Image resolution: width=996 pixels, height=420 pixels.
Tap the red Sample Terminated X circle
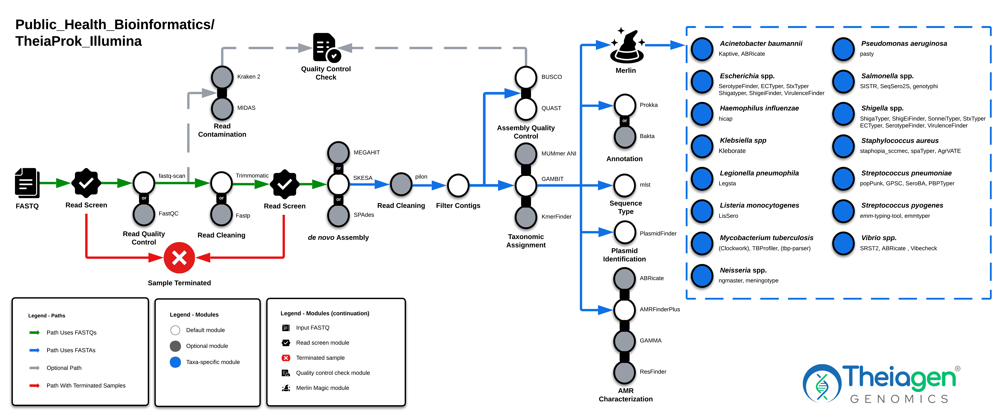click(x=179, y=257)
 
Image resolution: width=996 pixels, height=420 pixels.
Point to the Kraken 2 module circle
click(x=222, y=77)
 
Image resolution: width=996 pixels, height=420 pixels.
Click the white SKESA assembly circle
click(x=338, y=184)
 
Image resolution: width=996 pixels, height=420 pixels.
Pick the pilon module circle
click(x=401, y=184)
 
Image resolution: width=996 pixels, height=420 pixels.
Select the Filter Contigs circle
click(x=458, y=185)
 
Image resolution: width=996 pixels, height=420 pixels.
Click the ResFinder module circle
click(x=624, y=372)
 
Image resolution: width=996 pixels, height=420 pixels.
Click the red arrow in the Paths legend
click(x=34, y=386)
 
